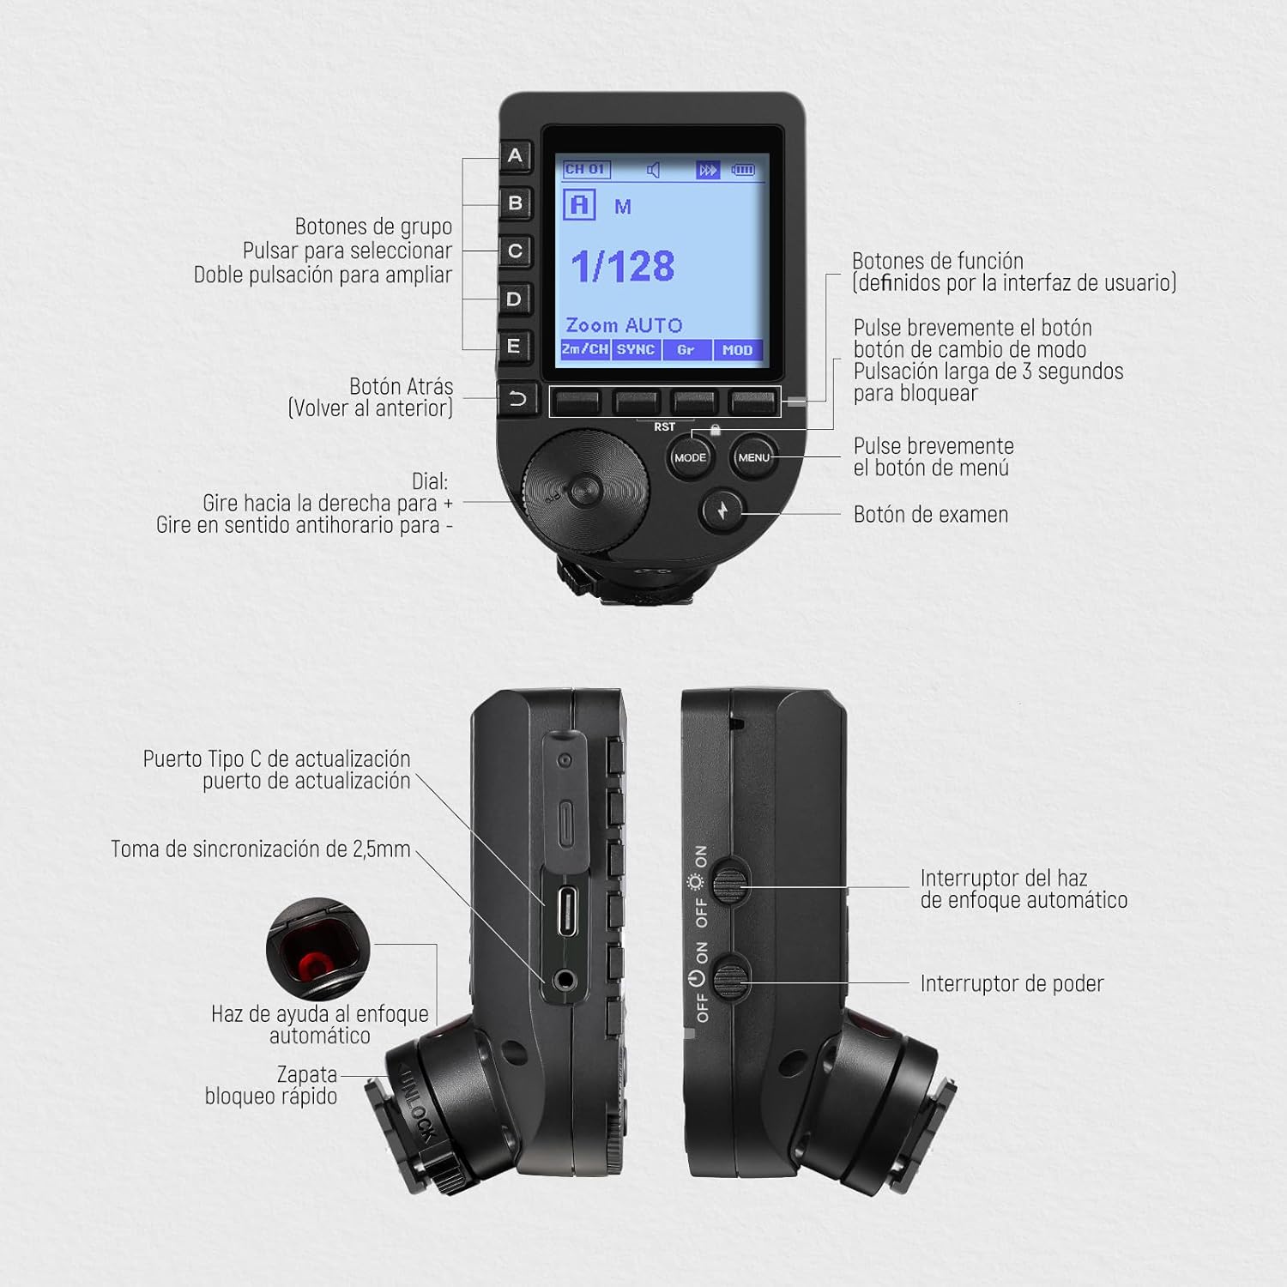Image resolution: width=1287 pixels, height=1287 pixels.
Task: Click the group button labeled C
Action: coord(515,251)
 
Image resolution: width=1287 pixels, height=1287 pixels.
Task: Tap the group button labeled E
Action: coord(515,347)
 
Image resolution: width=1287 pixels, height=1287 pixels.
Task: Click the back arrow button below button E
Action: coord(517,399)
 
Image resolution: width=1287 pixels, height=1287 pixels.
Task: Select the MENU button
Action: coord(753,457)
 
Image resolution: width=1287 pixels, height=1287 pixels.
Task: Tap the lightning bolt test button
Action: coord(722,511)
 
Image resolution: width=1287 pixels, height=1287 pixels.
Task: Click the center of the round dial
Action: coord(586,491)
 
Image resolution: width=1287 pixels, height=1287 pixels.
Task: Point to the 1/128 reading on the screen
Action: coord(623,266)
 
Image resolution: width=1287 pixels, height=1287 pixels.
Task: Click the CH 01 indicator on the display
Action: coord(586,170)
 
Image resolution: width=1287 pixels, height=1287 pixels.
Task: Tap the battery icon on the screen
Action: coord(743,170)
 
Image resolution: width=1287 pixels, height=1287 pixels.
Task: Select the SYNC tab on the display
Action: coord(636,349)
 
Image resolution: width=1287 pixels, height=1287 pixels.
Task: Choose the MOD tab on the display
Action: coord(737,349)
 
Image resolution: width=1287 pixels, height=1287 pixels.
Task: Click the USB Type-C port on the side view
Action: coord(566,911)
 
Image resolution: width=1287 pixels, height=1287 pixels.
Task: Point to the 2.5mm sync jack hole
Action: coord(565,979)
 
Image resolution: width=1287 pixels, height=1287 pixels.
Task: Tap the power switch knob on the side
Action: coord(732,977)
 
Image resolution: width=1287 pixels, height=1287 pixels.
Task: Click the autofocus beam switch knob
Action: coord(732,880)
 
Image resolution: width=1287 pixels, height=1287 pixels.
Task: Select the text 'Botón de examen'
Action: coord(931,514)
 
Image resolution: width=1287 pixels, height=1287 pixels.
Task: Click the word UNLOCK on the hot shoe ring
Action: coord(418,1104)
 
